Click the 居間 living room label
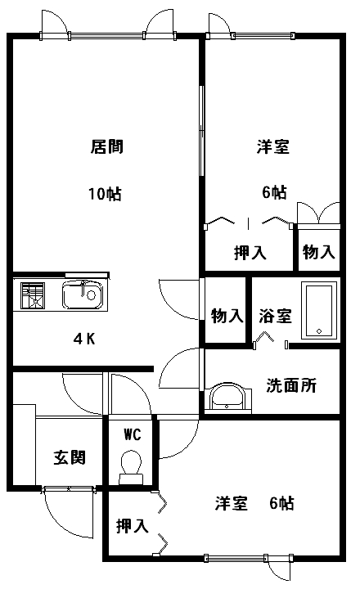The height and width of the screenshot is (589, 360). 106,146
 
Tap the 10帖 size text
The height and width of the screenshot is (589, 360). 105,194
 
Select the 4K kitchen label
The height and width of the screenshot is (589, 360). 84,339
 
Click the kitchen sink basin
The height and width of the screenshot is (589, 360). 83,294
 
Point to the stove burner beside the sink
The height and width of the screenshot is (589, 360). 33,295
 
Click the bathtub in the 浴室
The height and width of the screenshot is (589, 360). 318,311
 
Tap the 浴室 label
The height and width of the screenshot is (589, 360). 275,316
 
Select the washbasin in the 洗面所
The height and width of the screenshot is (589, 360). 227,398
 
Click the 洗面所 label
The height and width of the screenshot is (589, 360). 291,385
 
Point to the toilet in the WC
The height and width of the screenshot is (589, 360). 131,467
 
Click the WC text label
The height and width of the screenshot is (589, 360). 133,434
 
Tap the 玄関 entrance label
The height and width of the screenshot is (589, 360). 70,457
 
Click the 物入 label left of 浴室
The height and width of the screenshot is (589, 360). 227,316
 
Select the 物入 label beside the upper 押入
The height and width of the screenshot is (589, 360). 318,251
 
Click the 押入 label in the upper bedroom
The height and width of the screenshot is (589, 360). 250,253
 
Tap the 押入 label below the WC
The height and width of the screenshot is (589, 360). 133,526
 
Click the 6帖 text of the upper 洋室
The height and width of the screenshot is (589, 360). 274,192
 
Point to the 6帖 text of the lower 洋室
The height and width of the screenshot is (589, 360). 281,503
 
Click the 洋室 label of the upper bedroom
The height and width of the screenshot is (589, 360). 273,146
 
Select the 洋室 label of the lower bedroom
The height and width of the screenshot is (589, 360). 232,503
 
